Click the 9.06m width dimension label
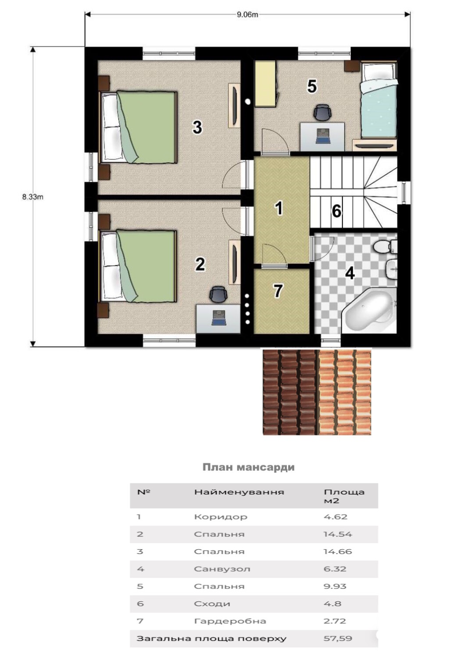(247, 14)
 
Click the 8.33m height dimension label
(32, 197)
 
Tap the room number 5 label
(312, 87)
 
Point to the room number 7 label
(278, 291)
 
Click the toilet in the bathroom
(385, 246)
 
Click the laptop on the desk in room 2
(219, 318)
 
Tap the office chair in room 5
(322, 112)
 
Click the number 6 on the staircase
(336, 211)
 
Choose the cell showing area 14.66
(337, 551)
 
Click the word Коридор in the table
(221, 516)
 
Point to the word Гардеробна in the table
(230, 621)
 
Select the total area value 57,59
(338, 639)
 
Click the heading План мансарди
(249, 466)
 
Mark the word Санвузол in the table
(222, 569)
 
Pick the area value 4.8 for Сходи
(332, 604)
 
